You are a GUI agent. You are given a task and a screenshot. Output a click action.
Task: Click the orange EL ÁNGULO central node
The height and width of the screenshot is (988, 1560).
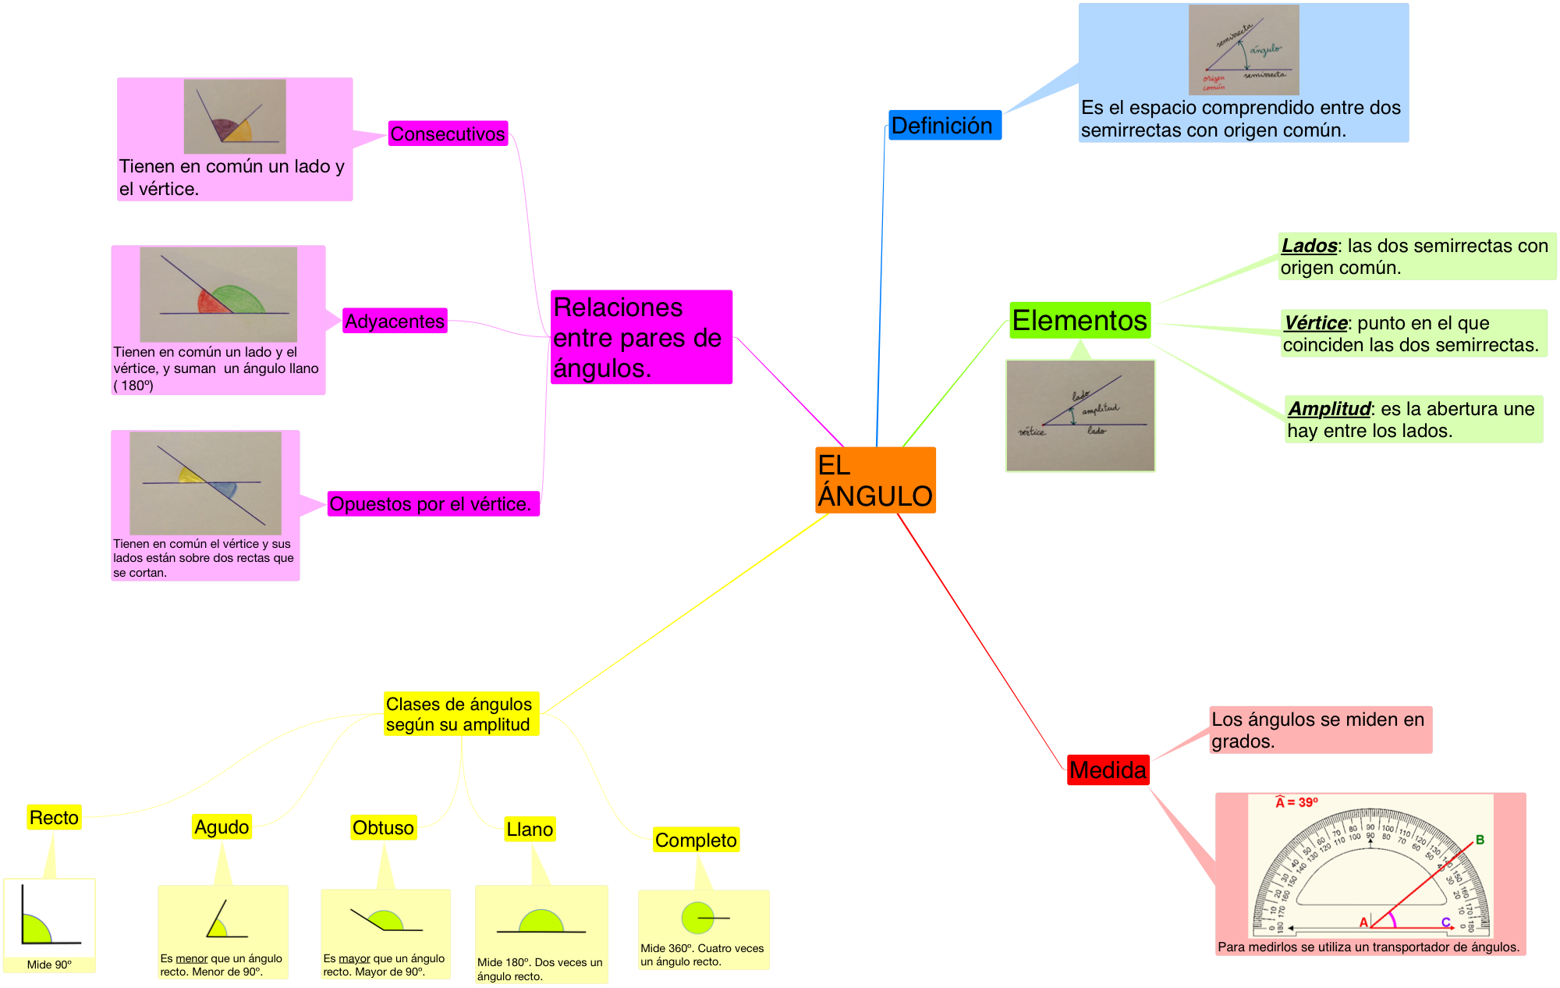pyautogui.click(x=875, y=480)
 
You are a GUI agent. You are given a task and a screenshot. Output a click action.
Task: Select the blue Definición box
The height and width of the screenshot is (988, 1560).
pyautogui.click(x=944, y=126)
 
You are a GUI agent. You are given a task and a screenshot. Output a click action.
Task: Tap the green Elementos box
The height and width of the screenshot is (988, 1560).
pyautogui.click(x=1080, y=321)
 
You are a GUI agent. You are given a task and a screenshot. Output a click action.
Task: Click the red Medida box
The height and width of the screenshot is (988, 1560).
pyautogui.click(x=1108, y=770)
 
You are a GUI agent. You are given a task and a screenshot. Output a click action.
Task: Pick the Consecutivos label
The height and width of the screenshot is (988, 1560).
pyautogui.click(x=448, y=133)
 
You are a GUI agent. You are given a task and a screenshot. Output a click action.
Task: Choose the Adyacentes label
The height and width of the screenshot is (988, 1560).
pyautogui.click(x=395, y=321)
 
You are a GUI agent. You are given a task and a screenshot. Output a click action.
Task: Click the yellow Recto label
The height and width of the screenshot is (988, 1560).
pyautogui.click(x=54, y=818)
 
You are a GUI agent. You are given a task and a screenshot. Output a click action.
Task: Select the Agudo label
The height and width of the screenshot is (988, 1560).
pyautogui.click(x=222, y=827)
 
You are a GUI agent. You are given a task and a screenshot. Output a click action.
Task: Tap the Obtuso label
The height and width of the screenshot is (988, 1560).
pyautogui.click(x=383, y=828)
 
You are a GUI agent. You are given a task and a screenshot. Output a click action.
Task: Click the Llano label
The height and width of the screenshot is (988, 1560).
pyautogui.click(x=530, y=830)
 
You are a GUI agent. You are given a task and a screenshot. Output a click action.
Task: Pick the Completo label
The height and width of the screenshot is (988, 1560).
pyautogui.click(x=696, y=841)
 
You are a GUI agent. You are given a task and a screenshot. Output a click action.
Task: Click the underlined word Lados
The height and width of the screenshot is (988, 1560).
pyautogui.click(x=1309, y=246)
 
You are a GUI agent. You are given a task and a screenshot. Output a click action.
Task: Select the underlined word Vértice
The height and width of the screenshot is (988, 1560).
pyautogui.click(x=1316, y=323)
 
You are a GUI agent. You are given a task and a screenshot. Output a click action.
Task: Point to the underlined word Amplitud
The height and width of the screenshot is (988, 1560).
pyautogui.click(x=1329, y=409)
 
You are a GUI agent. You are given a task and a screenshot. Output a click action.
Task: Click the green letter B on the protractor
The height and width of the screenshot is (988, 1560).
pyautogui.click(x=1480, y=841)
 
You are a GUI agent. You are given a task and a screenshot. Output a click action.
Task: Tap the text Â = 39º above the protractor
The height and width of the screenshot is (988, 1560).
pyautogui.click(x=1297, y=802)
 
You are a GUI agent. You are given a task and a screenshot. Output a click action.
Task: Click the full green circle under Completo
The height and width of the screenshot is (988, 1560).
pyautogui.click(x=697, y=918)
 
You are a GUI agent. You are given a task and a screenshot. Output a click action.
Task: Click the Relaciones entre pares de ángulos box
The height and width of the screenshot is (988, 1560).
pyautogui.click(x=641, y=337)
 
